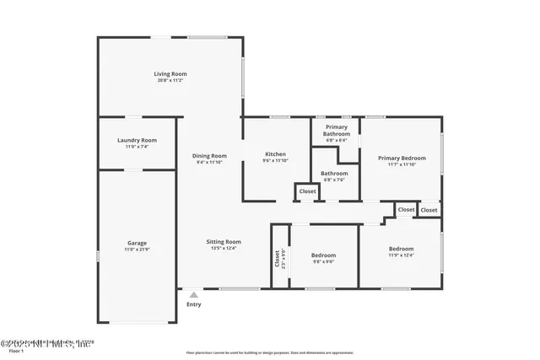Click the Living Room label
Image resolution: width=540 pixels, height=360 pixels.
click(x=170, y=73)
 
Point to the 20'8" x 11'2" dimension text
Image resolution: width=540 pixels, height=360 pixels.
click(x=170, y=80)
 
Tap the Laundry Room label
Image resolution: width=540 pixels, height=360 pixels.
click(x=136, y=140)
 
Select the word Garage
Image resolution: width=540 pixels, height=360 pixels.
click(x=136, y=243)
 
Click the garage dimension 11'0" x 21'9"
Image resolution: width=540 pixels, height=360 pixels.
click(x=136, y=250)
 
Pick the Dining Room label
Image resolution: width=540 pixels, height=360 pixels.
click(x=209, y=155)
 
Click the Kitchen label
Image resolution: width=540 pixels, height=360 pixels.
click(x=276, y=153)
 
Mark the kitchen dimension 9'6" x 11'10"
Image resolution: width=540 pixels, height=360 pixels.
click(x=276, y=160)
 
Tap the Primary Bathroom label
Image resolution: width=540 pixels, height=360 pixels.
click(x=337, y=130)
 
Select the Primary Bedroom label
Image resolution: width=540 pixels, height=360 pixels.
click(x=402, y=158)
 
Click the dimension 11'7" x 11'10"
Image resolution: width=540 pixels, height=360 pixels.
click(x=402, y=164)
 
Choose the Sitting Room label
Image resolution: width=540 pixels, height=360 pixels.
click(x=224, y=241)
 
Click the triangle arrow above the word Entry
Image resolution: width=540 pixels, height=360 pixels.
click(x=194, y=294)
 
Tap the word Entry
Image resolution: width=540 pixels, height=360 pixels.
click(x=194, y=304)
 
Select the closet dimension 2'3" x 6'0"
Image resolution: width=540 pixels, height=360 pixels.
click(x=283, y=257)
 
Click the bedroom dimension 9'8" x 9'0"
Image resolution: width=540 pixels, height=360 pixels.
click(x=323, y=261)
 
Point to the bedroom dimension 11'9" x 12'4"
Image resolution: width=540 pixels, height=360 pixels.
click(x=401, y=255)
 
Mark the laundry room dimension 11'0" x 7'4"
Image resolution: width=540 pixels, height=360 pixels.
click(x=136, y=147)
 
